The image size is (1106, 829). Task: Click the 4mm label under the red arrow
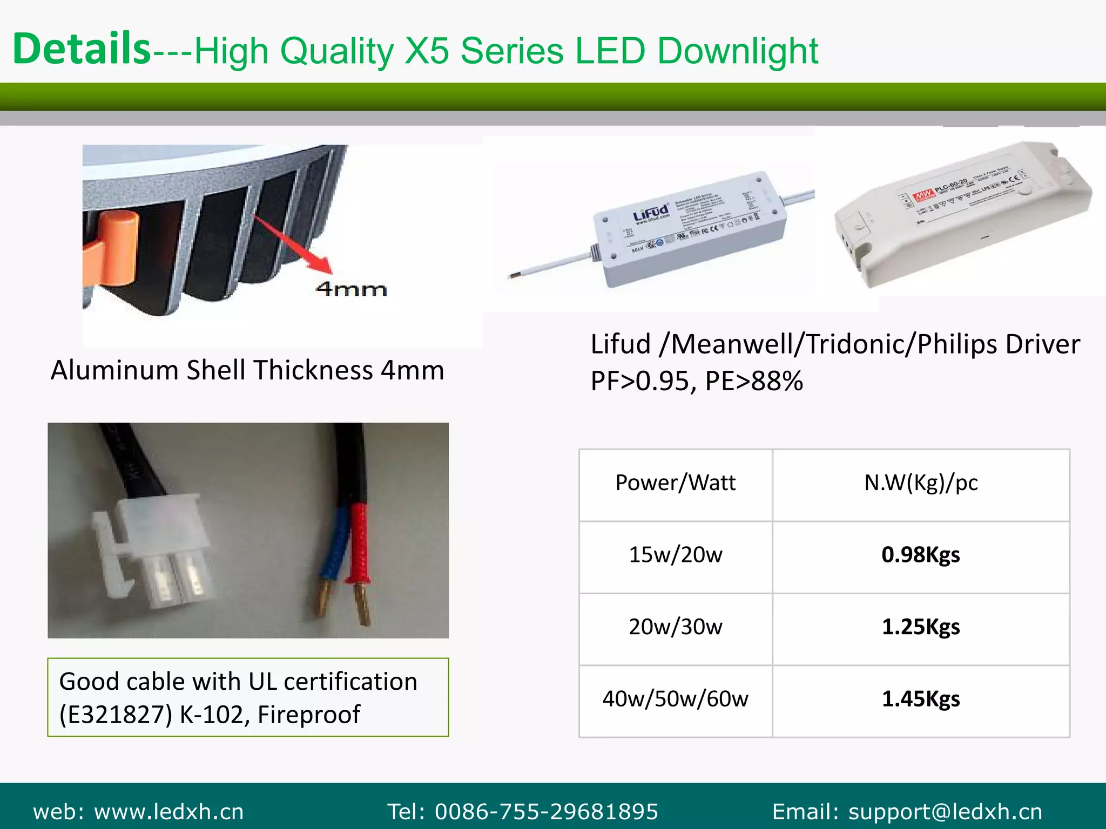352,289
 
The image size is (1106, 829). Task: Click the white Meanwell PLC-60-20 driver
961,216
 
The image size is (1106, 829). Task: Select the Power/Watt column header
675,483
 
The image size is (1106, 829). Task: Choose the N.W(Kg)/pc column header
921,483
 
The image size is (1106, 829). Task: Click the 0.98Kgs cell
921,555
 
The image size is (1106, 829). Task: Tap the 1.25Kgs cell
921,627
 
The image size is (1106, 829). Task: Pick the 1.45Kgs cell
921,699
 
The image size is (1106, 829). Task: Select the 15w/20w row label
675,555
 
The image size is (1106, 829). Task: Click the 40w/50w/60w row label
675,699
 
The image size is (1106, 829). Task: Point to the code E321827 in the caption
116,715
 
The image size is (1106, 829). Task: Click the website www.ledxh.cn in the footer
169,812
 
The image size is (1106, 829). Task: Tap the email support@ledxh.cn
945,812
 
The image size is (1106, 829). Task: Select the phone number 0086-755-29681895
547,812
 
